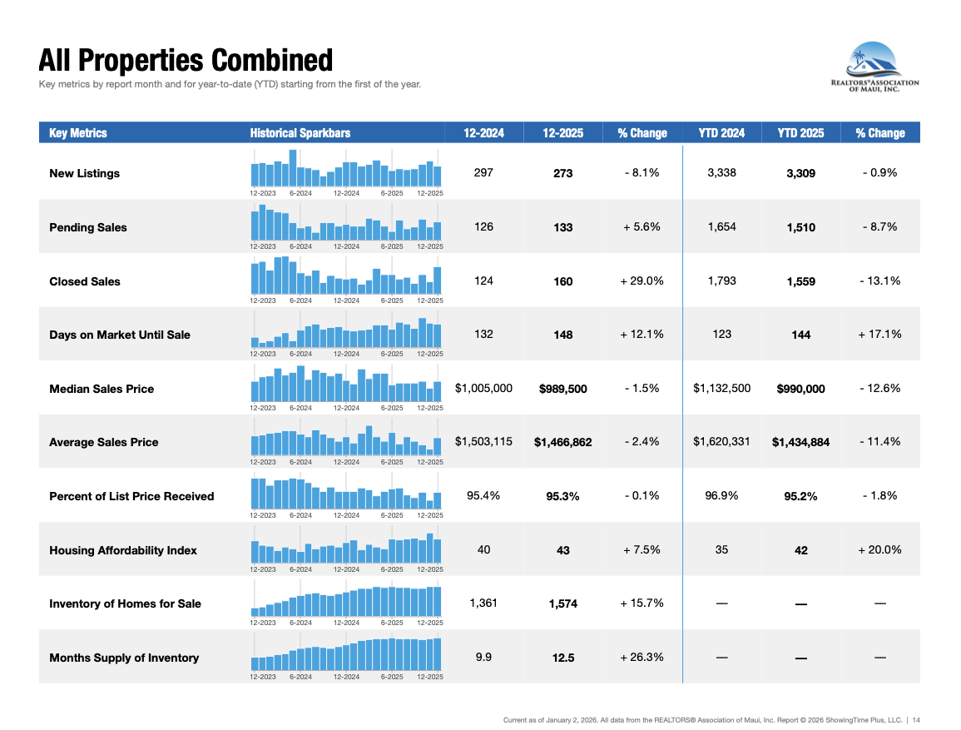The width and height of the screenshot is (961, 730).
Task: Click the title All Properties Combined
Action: coord(186,61)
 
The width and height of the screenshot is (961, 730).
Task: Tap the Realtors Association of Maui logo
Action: coord(874,68)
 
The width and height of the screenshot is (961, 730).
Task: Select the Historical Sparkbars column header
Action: coord(300,133)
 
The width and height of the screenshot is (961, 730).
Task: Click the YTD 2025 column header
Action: coord(800,133)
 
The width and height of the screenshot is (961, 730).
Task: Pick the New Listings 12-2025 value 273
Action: coord(563,174)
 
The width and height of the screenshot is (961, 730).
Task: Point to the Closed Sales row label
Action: coord(85,281)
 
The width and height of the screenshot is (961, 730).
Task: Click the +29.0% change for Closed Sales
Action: coord(641,281)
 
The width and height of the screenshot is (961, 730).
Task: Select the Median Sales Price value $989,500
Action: coord(563,389)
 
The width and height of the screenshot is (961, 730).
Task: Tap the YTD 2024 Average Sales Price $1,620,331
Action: coord(721,441)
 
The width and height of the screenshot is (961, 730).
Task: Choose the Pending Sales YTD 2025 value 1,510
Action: coord(800,227)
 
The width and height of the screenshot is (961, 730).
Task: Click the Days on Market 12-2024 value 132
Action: coord(483,334)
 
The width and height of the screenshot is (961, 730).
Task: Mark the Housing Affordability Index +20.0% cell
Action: coord(880,549)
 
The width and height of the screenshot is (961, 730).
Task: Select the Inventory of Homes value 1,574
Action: coord(563,603)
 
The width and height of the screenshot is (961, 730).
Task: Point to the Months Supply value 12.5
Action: coord(563,658)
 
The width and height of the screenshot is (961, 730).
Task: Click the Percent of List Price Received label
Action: coord(131,496)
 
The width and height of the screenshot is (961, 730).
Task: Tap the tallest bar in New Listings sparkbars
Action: coord(293,168)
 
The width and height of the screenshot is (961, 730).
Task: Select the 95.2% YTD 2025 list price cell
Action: coord(800,496)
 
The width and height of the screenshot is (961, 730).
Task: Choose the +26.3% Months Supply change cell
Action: coord(641,657)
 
